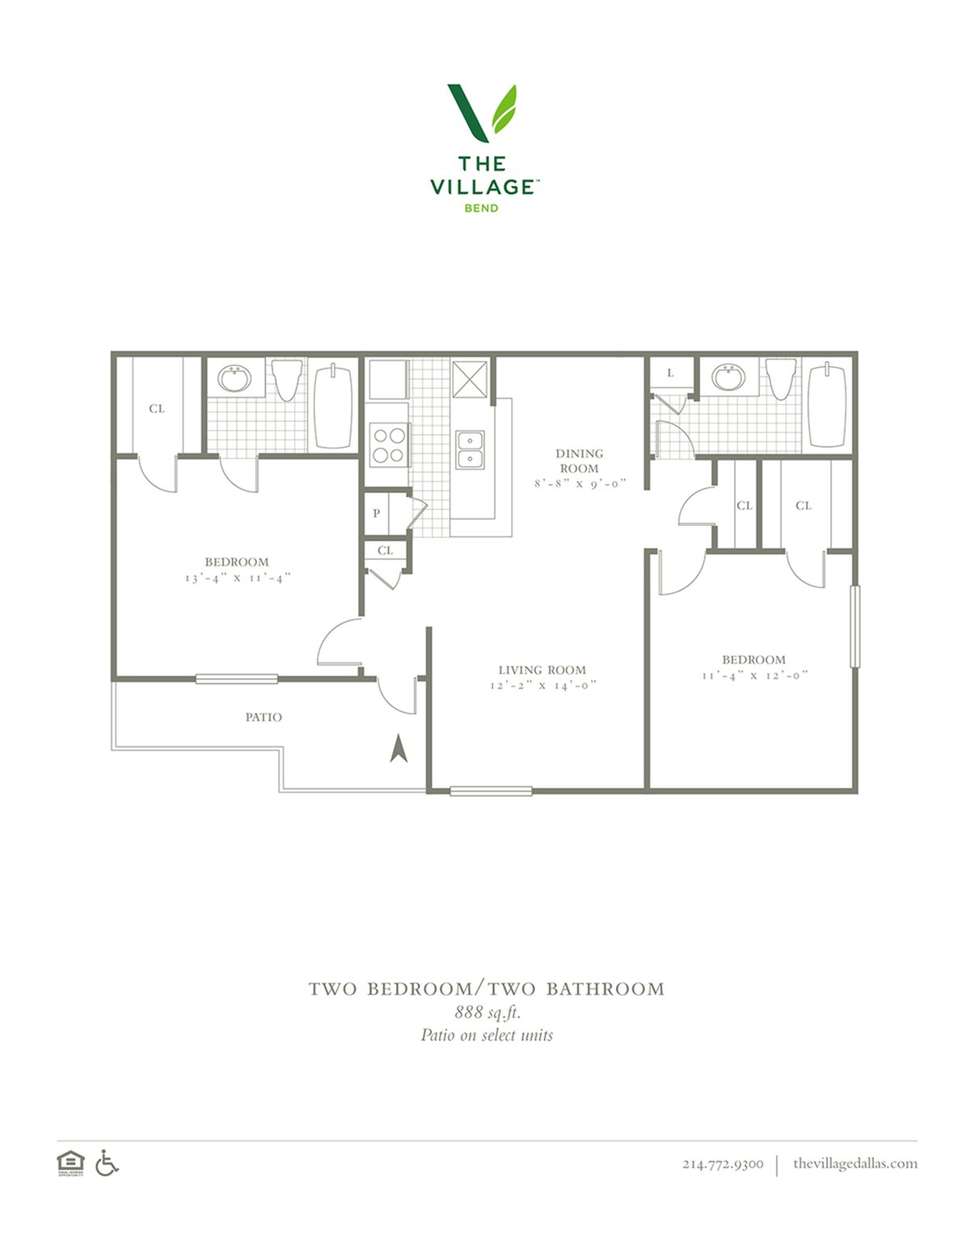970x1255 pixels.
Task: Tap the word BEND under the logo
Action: coord(481,208)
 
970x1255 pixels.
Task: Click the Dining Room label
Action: coord(579,461)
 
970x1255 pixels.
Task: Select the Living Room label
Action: coord(542,670)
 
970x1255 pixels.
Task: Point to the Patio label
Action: coord(264,718)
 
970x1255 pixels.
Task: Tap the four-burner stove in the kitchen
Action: coord(388,444)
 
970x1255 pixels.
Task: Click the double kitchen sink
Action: coord(470,450)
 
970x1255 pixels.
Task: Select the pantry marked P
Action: coord(376,513)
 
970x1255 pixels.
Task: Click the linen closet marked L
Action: coord(670,373)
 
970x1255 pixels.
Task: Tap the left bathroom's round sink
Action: coord(234,378)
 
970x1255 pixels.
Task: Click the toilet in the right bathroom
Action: coord(781,379)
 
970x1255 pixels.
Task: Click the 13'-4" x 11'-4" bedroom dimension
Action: coord(237,578)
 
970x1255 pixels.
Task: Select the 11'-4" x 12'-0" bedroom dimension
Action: coord(754,675)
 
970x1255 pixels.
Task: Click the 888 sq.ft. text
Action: coord(487,1013)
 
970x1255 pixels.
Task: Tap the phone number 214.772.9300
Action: coord(723,1175)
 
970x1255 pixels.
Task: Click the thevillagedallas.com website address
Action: coord(855,1175)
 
